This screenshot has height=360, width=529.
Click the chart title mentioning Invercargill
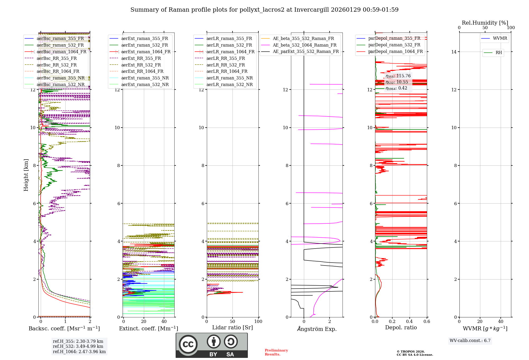[x=264, y=10]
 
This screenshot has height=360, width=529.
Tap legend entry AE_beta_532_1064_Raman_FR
[x=304, y=45]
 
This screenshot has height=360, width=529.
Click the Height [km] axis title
[x=26, y=175]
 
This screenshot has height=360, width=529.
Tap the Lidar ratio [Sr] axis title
[x=232, y=327]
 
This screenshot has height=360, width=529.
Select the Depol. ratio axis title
[x=401, y=327]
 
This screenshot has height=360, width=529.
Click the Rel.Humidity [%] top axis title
[x=485, y=23]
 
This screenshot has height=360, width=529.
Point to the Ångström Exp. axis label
[x=317, y=329]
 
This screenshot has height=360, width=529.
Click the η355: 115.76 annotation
[x=398, y=76]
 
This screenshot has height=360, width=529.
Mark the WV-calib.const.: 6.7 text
[x=470, y=340]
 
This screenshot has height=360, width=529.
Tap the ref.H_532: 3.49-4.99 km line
[x=78, y=346]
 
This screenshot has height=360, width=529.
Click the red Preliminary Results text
[x=276, y=352]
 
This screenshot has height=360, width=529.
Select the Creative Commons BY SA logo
[x=212, y=345]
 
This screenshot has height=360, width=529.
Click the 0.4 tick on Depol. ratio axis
[x=409, y=321]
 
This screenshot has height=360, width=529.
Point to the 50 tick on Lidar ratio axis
[x=232, y=321]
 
